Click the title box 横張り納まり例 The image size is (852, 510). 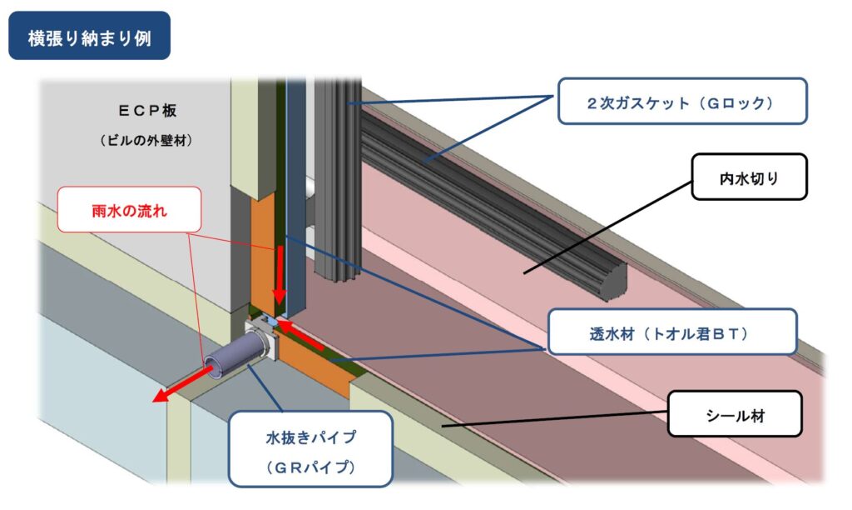(x=90, y=36)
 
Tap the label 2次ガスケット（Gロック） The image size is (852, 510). (x=682, y=101)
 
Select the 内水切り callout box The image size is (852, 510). (x=750, y=177)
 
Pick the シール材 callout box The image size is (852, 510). (x=735, y=413)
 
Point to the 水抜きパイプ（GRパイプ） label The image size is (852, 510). (x=310, y=449)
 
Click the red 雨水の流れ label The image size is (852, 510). (x=129, y=209)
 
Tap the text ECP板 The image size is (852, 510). (x=147, y=111)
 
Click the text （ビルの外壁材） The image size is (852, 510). (x=146, y=141)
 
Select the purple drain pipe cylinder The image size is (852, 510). (x=236, y=354)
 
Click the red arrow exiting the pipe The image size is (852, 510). (x=182, y=383)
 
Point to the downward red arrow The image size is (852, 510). (x=280, y=275)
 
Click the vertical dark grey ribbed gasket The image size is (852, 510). (x=338, y=180)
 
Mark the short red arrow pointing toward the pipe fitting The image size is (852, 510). (x=301, y=335)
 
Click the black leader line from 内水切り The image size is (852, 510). (x=607, y=227)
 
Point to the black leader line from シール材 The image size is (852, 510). (x=555, y=419)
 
